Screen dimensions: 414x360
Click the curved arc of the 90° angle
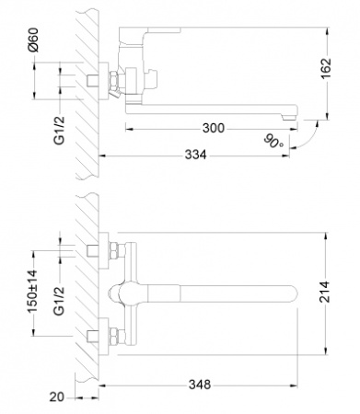(x=304, y=138)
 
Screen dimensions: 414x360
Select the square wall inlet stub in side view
(x=93, y=83)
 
